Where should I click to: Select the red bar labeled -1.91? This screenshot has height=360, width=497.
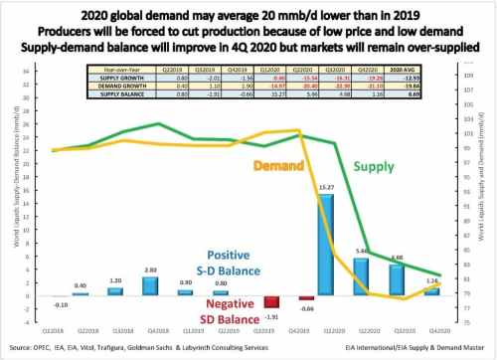pos(269,303)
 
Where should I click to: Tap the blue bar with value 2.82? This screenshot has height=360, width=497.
pos(150,286)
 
